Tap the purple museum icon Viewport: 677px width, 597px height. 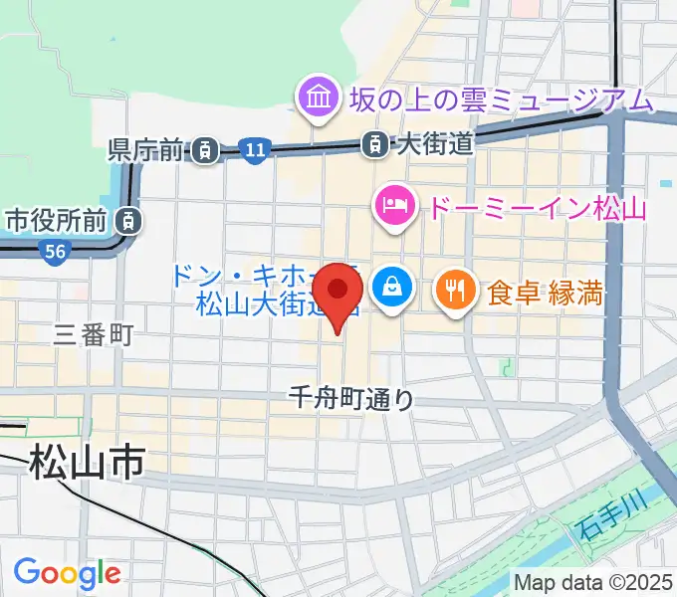(319, 99)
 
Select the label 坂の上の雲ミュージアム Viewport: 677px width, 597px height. (500, 99)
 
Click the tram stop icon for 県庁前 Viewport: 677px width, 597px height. (204, 150)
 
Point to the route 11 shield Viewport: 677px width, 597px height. (255, 150)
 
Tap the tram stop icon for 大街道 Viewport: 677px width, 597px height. (374, 143)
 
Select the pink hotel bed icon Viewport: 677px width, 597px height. (389, 206)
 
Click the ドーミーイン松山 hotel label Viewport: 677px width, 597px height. (538, 209)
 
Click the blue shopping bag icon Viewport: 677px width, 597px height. (391, 289)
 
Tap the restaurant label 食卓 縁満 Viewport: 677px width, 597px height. (547, 293)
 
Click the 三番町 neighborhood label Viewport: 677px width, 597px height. (94, 335)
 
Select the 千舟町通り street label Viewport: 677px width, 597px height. (349, 399)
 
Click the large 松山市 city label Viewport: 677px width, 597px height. (87, 463)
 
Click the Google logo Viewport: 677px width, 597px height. (67, 573)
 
